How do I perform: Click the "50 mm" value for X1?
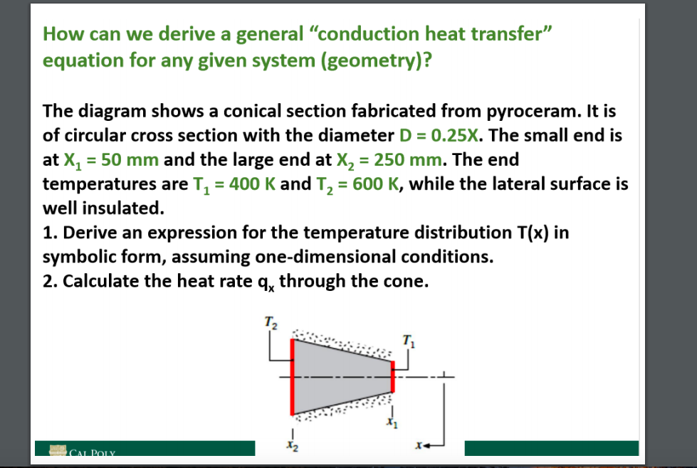tap(132, 159)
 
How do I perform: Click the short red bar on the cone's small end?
tap(392, 376)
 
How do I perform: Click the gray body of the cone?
tap(342, 376)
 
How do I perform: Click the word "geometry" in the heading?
tap(372, 60)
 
